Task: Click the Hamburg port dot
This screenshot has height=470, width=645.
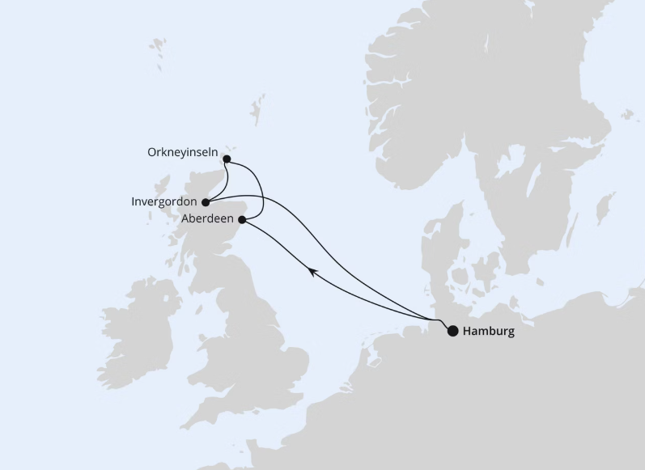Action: [452, 330]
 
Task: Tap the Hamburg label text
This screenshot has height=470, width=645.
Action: [488, 331]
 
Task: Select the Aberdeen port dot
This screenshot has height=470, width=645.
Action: [242, 219]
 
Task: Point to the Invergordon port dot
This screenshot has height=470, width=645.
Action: [206, 202]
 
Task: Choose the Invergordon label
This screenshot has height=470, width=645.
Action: [164, 202]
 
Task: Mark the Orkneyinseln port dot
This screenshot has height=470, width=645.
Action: [227, 159]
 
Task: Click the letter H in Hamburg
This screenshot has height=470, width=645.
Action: [468, 331]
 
